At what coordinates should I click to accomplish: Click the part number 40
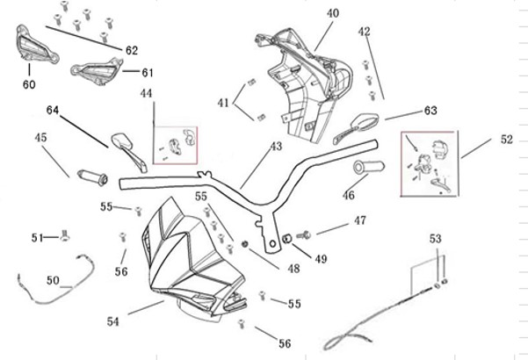tap(333, 13)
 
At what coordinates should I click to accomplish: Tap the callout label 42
tap(365, 32)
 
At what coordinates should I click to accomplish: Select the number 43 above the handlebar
tap(276, 147)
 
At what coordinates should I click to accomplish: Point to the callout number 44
tap(146, 93)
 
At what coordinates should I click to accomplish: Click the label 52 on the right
tap(507, 140)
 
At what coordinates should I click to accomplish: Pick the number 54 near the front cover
tap(112, 322)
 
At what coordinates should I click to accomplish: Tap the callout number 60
tap(29, 85)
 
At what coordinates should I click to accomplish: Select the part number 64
tap(53, 111)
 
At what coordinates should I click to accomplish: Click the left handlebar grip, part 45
tap(92, 175)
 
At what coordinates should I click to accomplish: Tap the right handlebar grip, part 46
tap(370, 168)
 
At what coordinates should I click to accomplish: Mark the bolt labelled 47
tap(305, 234)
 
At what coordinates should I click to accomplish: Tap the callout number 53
tap(437, 238)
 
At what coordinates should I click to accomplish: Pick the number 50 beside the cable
tap(53, 281)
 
